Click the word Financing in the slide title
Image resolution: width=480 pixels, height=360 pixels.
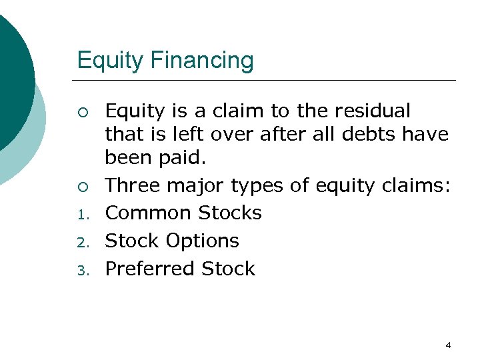(x=203, y=61)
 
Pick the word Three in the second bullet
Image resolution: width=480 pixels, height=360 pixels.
(x=132, y=185)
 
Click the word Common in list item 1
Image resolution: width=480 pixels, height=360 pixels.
(x=147, y=213)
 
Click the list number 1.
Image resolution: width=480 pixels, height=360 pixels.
(x=81, y=215)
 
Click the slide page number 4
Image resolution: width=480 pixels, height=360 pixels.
(x=448, y=345)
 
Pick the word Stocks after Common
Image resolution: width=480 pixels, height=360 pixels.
(x=229, y=213)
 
